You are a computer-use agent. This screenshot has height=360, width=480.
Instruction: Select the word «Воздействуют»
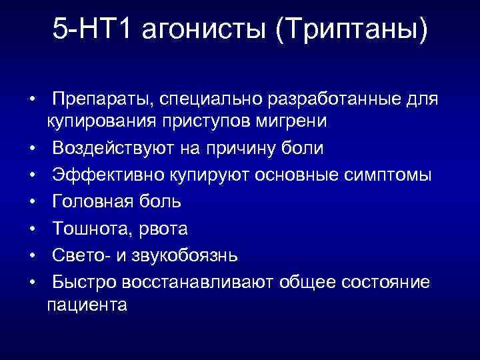(115, 148)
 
